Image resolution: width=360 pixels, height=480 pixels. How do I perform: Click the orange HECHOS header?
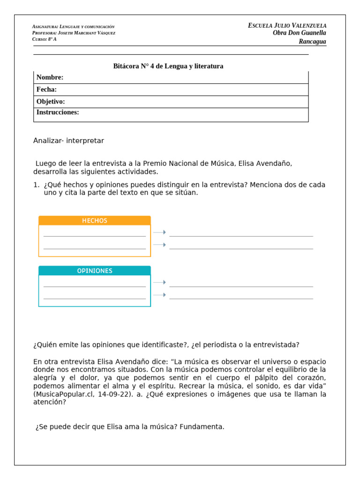pyautogui.click(x=95, y=221)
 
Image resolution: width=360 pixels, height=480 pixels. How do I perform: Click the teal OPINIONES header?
pyautogui.click(x=95, y=271)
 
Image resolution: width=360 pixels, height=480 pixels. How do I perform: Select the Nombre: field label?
pyautogui.click(x=50, y=77)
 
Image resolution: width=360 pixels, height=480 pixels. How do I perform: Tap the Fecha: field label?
pyautogui.click(x=46, y=90)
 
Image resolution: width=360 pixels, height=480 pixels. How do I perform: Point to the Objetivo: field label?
pyautogui.click(x=51, y=102)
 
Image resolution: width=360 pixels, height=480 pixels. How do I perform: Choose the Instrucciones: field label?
pyautogui.click(x=58, y=112)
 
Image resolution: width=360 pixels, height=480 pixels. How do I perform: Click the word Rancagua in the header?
pyautogui.click(x=312, y=42)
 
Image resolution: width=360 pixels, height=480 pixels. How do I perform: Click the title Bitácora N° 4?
pyautogui.click(x=168, y=66)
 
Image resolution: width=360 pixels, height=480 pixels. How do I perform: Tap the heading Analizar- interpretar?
pyautogui.click(x=68, y=141)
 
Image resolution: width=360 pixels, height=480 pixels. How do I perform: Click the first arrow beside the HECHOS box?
pyautogui.click(x=160, y=232)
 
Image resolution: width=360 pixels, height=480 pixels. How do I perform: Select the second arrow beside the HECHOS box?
pyautogui.click(x=160, y=245)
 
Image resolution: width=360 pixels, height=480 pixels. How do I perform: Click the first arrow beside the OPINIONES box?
pyautogui.click(x=160, y=282)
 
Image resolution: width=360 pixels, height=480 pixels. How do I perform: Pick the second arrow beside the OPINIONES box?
pyautogui.click(x=160, y=295)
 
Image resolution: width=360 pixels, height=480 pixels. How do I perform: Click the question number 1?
pyautogui.click(x=36, y=185)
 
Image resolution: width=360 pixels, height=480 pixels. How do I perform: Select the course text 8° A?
pyautogui.click(x=52, y=39)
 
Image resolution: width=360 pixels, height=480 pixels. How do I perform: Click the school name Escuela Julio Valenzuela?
pyautogui.click(x=287, y=25)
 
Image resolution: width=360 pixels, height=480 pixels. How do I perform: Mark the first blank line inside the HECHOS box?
pyautogui.click(x=95, y=236)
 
